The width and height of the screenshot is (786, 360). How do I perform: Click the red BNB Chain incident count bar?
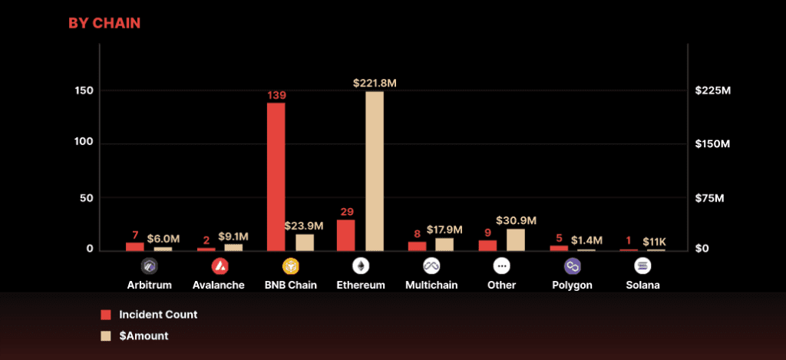(x=276, y=177)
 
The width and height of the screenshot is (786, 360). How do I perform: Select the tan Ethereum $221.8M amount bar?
(x=375, y=170)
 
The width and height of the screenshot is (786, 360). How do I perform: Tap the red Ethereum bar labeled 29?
(x=346, y=235)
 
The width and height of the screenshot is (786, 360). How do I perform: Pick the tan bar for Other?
(x=516, y=239)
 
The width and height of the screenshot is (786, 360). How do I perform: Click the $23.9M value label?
(x=304, y=226)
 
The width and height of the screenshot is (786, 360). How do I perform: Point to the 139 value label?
(x=276, y=95)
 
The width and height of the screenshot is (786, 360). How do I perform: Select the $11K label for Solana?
(x=656, y=241)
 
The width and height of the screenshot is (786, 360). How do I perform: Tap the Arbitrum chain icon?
(x=149, y=266)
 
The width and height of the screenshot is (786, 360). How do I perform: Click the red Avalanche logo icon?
(x=220, y=266)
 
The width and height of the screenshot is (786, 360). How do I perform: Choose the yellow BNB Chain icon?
(x=290, y=266)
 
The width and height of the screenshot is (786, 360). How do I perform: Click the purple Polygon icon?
(x=573, y=266)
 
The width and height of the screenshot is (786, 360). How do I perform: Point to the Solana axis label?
(x=642, y=285)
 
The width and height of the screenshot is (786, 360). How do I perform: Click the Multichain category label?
(x=431, y=285)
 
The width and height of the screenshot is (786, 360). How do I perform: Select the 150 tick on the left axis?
(x=84, y=91)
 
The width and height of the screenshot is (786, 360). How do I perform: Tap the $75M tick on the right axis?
(x=709, y=198)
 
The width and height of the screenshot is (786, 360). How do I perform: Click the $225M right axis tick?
(x=712, y=91)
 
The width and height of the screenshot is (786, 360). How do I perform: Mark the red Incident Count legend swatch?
(x=106, y=315)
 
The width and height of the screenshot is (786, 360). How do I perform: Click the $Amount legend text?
(x=144, y=335)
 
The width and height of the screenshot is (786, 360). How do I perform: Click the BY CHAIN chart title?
(x=104, y=23)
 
